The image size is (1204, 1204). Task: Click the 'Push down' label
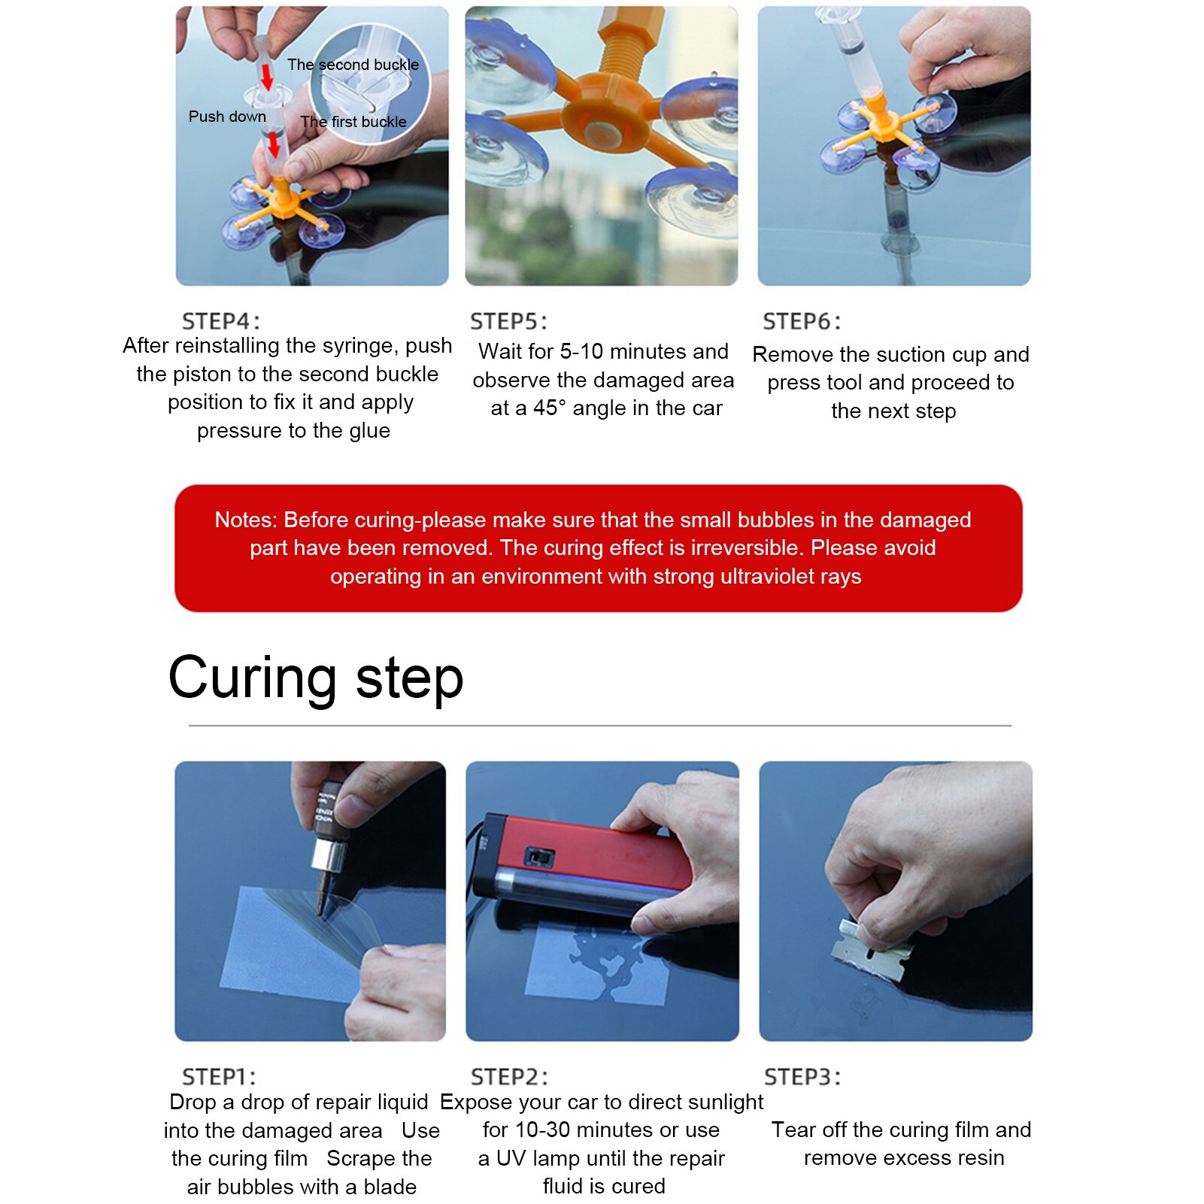tap(227, 117)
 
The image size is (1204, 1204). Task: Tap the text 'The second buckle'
tap(353, 65)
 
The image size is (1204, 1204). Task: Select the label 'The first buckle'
tap(353, 122)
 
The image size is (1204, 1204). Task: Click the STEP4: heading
tap(221, 321)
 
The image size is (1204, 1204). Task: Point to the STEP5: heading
tap(509, 321)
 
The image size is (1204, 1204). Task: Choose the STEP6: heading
tap(802, 321)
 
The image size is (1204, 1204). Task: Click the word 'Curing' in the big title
tap(252, 678)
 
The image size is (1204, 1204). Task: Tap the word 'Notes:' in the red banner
tap(246, 520)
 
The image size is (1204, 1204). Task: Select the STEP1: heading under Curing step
tap(219, 1077)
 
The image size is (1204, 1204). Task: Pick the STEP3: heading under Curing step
tap(802, 1077)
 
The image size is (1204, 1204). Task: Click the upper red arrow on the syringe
tap(267, 76)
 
